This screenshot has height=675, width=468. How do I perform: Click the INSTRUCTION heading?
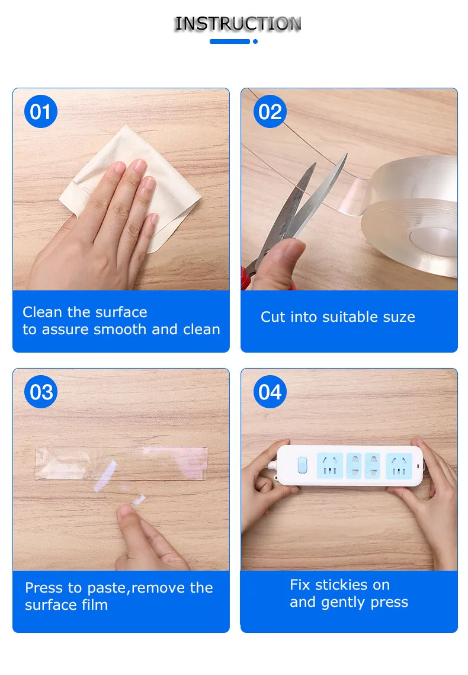pos(238,24)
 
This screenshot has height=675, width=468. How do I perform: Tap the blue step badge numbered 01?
pos(41,111)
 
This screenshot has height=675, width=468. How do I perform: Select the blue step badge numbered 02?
pos(270,111)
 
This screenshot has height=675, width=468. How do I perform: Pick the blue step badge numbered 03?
pos(41,392)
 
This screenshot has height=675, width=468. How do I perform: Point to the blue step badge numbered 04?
pos(270,392)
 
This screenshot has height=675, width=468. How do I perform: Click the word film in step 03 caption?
pos(95,605)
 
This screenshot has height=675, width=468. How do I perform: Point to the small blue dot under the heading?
pos(255,41)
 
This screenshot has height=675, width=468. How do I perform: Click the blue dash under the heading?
pos(230,41)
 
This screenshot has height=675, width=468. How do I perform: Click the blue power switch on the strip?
pos(303,465)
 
